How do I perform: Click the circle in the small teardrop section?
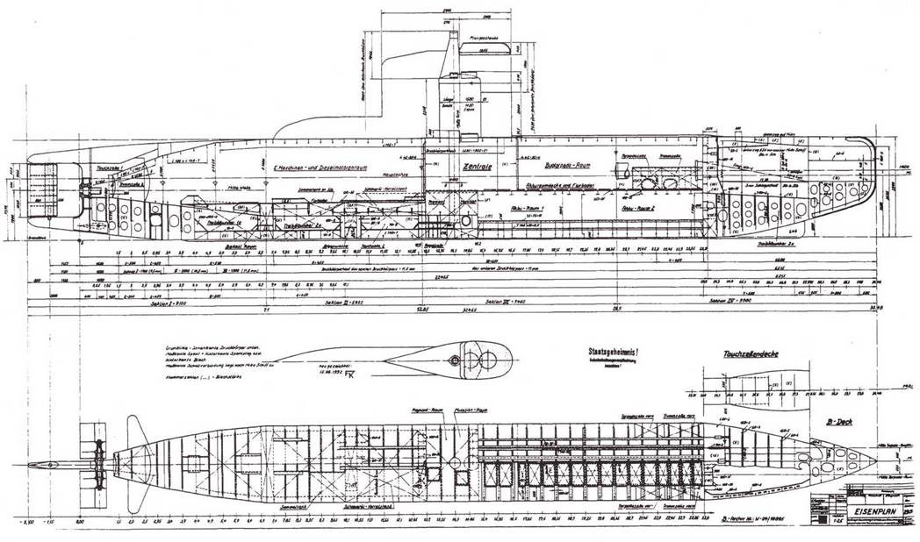pyautogui.click(x=454, y=361)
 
